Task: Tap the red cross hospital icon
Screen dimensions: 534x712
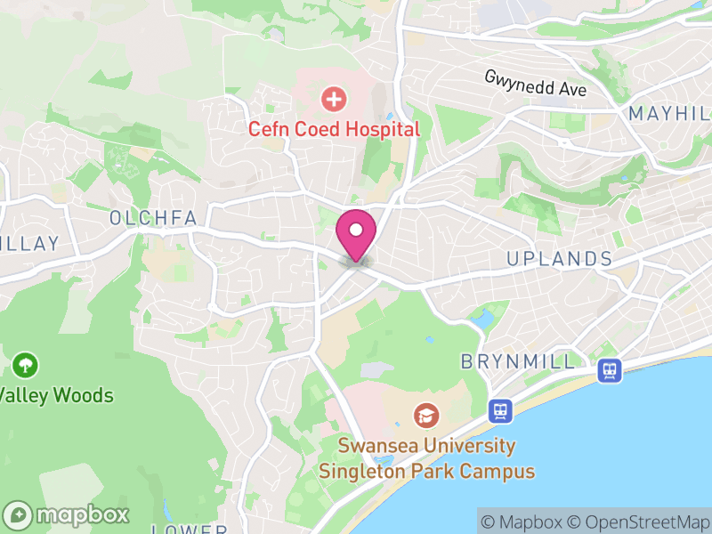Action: coord(334,99)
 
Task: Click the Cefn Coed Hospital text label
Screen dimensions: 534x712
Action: coord(334,129)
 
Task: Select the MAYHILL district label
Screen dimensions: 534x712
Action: coord(669,114)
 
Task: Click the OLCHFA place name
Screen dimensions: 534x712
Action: coord(152,218)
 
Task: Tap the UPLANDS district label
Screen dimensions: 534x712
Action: coord(559,259)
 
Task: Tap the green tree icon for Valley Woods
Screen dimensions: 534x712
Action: coord(24,364)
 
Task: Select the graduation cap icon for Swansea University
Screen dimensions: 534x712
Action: coord(426,415)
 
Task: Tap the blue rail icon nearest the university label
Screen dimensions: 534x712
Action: coord(500,410)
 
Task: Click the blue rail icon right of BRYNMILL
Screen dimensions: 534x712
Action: coord(610,370)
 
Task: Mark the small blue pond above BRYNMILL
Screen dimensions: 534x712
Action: coord(486,317)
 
